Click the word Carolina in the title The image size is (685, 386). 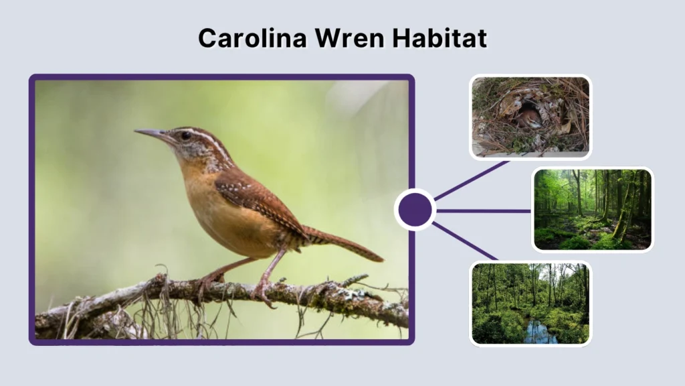243,38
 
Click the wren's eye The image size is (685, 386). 185,135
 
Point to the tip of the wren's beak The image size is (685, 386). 136,131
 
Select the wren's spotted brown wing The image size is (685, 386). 258,198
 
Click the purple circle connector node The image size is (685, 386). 415,210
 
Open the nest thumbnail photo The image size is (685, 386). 530,117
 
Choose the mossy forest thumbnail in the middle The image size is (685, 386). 592,209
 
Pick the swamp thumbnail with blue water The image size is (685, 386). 530,304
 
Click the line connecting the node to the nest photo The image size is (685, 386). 472,180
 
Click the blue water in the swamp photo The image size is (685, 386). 539,332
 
